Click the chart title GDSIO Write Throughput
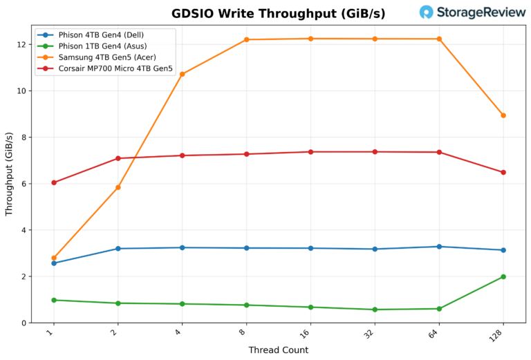pos(278,14)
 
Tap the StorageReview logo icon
pos(427,12)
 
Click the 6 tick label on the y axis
pos(24,184)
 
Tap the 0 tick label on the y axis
pos(24,323)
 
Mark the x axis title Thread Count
pos(278,350)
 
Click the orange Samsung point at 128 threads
pos(503,115)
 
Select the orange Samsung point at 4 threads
pos(182,74)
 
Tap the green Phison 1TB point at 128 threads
pos(503,276)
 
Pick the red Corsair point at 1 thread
pos(54,182)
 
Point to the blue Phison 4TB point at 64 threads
pos(439,247)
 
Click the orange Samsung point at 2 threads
pos(118,187)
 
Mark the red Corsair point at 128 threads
pos(503,172)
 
